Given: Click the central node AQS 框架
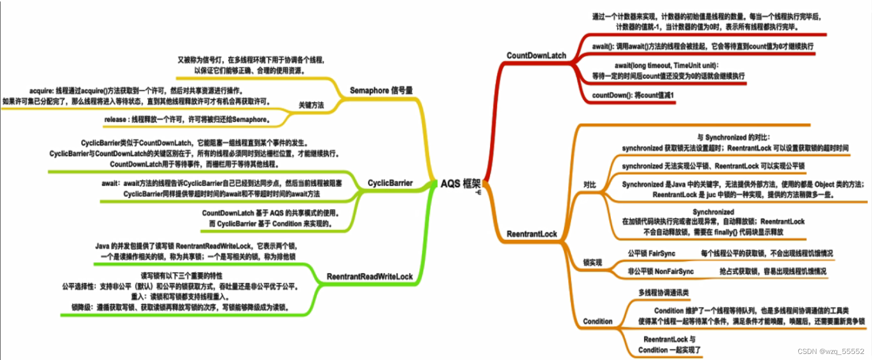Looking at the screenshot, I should [460, 184].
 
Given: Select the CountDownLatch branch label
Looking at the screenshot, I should [536, 56].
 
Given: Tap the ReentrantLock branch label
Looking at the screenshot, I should [532, 234].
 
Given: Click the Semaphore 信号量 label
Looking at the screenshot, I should [381, 90].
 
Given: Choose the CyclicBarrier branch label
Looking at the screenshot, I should [390, 183].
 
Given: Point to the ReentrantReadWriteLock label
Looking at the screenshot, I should [370, 277].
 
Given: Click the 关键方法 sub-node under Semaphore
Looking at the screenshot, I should [311, 105].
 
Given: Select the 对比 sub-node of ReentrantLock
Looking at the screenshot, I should [589, 185].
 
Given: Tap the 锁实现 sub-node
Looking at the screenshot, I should [592, 263].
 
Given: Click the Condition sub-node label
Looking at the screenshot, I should [597, 322].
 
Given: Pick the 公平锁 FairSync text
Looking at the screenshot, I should [651, 253].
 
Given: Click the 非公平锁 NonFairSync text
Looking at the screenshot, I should [660, 272].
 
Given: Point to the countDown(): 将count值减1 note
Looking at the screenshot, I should [633, 95].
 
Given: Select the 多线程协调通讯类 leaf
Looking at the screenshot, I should [663, 293].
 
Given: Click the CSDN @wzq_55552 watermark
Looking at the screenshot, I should [831, 351].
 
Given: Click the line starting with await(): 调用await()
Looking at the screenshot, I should [702, 46].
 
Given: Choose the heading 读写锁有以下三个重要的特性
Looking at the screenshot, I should [181, 276].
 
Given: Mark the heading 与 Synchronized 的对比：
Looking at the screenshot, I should [733, 137].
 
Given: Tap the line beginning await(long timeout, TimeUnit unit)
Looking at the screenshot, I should [666, 66].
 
